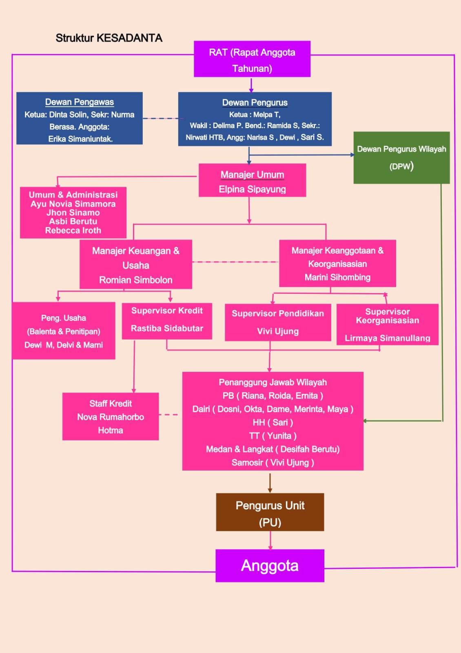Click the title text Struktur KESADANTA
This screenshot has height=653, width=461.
click(x=109, y=38)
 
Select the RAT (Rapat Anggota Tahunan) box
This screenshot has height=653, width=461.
click(x=252, y=59)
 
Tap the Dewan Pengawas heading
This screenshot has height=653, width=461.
click(x=80, y=102)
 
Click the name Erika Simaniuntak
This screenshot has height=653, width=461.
click(x=80, y=139)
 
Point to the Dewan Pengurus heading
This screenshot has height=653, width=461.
click(x=255, y=102)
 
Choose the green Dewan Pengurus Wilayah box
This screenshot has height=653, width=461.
click(x=401, y=158)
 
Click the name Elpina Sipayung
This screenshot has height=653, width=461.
click(x=252, y=189)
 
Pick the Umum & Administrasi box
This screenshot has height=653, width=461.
click(x=73, y=213)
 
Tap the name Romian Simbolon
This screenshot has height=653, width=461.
click(x=136, y=280)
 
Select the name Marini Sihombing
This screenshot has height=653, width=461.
click(x=337, y=278)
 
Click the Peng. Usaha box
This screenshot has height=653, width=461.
click(x=64, y=331)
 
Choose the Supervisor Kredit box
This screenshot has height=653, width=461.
click(x=167, y=321)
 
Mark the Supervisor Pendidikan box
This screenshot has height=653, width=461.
click(x=278, y=322)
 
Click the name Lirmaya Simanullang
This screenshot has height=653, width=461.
click(x=388, y=338)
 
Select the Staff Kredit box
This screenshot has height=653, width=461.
click(x=111, y=416)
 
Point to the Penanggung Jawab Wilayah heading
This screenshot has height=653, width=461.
click(x=273, y=382)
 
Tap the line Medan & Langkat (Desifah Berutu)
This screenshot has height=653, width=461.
click(x=273, y=449)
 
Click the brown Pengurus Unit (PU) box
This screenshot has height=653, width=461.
click(x=270, y=512)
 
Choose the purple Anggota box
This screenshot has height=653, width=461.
click(x=270, y=566)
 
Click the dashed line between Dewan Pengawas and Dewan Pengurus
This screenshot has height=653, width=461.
click(x=160, y=118)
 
